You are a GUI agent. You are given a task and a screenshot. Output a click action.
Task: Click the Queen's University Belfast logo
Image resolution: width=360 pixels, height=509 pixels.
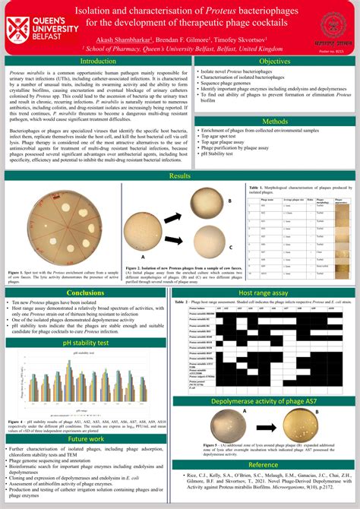[36, 27]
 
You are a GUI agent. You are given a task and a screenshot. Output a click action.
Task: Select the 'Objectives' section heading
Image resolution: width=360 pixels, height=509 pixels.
[274, 61]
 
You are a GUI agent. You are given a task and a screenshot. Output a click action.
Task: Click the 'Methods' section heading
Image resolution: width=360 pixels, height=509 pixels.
[274, 122]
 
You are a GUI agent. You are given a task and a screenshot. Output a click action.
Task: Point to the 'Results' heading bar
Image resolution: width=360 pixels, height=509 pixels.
[180, 175]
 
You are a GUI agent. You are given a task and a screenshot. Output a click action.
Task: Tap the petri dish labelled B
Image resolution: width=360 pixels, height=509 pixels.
[204, 201]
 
